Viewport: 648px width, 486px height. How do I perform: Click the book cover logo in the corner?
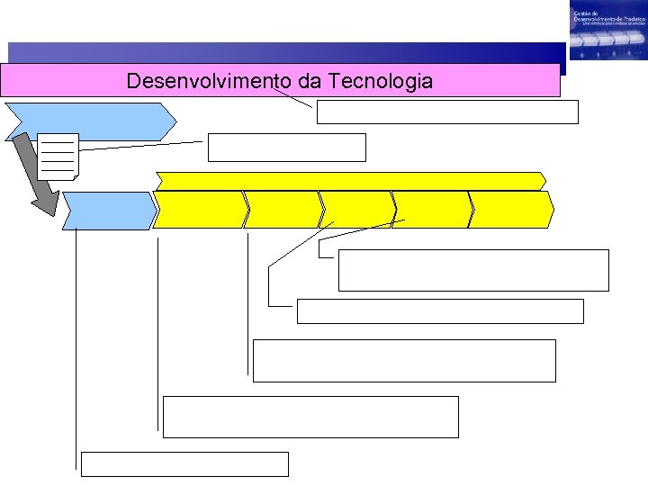pos(607,31)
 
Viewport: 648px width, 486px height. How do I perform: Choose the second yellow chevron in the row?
pos(283,210)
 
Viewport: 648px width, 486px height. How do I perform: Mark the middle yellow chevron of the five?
pos(357,210)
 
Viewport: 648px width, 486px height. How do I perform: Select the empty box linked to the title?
pos(446,112)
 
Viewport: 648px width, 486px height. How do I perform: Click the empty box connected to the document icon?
pos(286,147)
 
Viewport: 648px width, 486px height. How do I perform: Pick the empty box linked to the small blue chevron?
pos(184,463)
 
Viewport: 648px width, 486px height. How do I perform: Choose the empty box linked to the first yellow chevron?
pos(310,417)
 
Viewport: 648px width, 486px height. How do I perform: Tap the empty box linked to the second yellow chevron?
pos(404,360)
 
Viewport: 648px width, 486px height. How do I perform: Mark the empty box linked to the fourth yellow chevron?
pos(473,270)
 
